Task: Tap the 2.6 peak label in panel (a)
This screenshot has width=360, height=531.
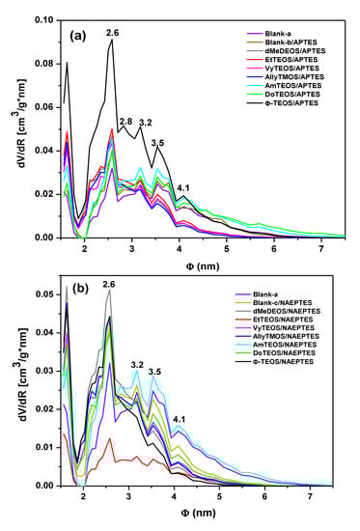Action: (112, 33)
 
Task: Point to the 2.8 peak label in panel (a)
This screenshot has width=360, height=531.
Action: (125, 121)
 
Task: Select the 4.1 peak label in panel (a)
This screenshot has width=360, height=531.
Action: (183, 188)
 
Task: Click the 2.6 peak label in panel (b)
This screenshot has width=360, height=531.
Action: (108, 284)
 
